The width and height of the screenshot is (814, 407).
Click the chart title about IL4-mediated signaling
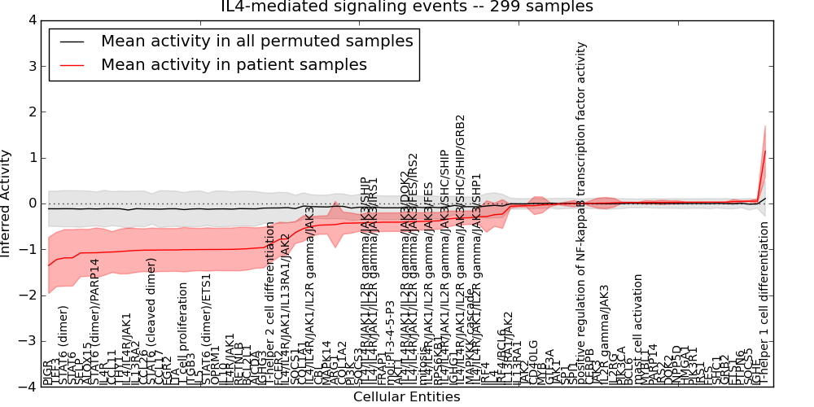pyautogui.click(x=407, y=7)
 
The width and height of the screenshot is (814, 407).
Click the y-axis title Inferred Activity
pyautogui.click(x=7, y=203)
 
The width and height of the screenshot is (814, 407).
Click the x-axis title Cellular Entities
pyautogui.click(x=407, y=397)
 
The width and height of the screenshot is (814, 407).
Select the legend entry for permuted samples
pyautogui.click(x=256, y=41)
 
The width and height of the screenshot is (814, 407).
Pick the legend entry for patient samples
pyautogui.click(x=234, y=64)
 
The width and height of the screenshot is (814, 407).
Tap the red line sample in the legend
pyautogui.click(x=72, y=64)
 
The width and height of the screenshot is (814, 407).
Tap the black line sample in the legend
pyautogui.click(x=72, y=41)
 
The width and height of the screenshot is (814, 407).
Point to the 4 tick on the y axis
pyautogui.click(x=31, y=20)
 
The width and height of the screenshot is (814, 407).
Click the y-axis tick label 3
pyautogui.click(x=31, y=66)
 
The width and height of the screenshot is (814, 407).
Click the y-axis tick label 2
pyautogui.click(x=31, y=112)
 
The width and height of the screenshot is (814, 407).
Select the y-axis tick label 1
pyautogui.click(x=31, y=158)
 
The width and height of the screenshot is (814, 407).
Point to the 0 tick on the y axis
pyautogui.click(x=31, y=203)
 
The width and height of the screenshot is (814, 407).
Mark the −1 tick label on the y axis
pyautogui.click(x=28, y=250)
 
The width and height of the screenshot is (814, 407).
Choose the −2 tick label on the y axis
pyautogui.click(x=28, y=295)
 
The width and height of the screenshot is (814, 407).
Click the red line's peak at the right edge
pyautogui.click(x=765, y=151)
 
